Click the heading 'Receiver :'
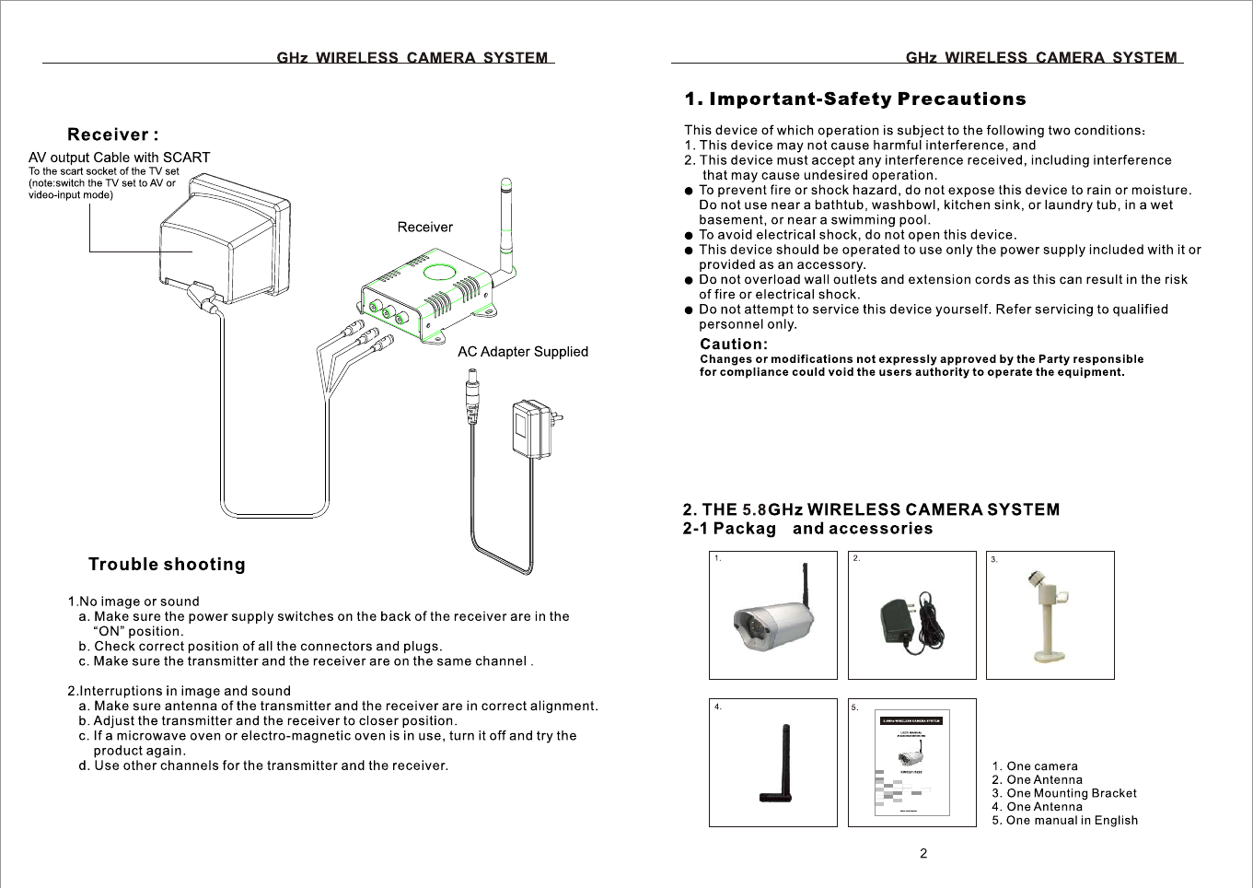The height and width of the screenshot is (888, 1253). [113, 134]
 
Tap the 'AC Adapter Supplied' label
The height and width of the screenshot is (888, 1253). [522, 352]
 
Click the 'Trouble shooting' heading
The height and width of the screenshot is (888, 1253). [167, 565]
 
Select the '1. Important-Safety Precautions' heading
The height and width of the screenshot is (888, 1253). [854, 99]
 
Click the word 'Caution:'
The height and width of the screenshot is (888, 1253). [733, 345]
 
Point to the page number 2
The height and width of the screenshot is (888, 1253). [923, 854]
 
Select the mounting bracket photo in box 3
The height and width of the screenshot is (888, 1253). [1049, 614]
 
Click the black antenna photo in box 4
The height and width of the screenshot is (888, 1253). [779, 765]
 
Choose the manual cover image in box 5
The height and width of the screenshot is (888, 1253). [911, 763]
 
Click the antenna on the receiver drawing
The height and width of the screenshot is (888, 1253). [505, 226]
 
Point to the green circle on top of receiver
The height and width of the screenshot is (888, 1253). [440, 273]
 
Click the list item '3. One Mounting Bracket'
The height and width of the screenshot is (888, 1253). [1063, 793]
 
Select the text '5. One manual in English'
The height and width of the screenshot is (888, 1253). [1064, 821]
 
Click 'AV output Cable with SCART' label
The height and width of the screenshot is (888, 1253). [119, 158]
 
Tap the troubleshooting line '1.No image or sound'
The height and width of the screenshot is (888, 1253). [133, 602]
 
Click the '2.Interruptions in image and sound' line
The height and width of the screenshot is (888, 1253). [179, 691]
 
